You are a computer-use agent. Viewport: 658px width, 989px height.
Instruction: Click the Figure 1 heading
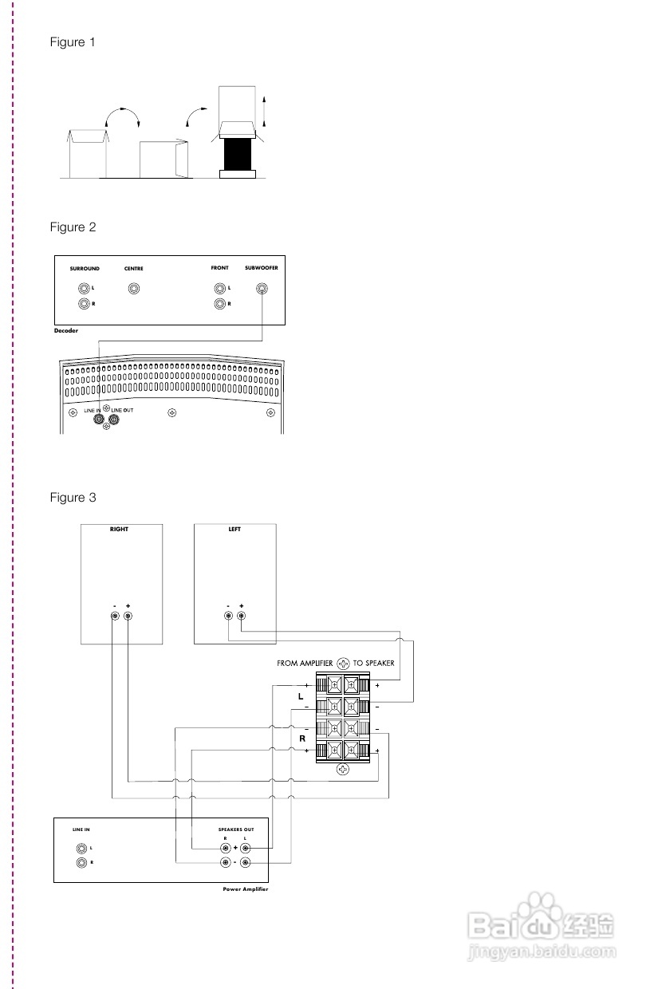73,42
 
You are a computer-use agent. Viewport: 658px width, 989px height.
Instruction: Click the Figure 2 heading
73,227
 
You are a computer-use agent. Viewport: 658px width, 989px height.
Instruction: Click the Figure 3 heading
73,498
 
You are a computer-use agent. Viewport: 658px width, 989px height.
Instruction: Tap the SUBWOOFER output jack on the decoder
261,290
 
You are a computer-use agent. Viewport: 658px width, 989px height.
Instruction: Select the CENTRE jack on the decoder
133,290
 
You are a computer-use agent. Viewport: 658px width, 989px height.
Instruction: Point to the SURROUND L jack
84,290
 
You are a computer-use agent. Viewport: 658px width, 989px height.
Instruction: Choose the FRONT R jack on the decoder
219,304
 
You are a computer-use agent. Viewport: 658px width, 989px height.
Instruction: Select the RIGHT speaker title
119,530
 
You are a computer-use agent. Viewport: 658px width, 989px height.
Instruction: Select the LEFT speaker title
234,530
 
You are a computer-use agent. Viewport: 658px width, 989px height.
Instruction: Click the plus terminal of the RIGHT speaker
128,617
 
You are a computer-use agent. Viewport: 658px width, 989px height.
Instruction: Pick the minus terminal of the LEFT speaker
229,617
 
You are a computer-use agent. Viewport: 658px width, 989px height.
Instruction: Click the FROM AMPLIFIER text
305,663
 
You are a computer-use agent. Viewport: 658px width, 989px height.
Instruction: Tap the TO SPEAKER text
374,663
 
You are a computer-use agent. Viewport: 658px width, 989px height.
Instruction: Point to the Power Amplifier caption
246,889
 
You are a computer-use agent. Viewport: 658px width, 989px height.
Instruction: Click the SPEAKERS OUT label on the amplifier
235,829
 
